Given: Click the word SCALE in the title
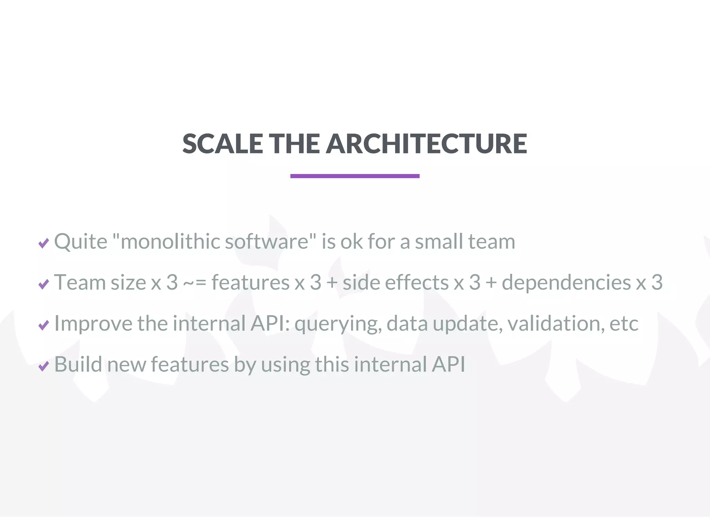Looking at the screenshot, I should [x=222, y=144].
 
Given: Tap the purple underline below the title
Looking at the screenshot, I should [x=355, y=176].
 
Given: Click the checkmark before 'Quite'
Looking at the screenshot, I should [x=44, y=243].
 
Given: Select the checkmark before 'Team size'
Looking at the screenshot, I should [x=44, y=284].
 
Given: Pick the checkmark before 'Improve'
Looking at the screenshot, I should [x=44, y=325].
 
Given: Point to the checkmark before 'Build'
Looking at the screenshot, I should [x=44, y=366].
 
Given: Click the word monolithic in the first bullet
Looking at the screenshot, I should [x=170, y=242].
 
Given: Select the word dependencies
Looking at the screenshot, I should [x=566, y=283].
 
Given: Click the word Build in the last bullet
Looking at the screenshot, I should [x=78, y=365].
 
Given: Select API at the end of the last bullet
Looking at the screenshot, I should [x=448, y=365].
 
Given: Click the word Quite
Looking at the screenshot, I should [x=81, y=242].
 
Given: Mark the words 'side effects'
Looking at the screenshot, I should [x=395, y=283].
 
